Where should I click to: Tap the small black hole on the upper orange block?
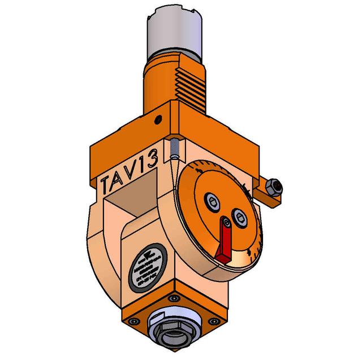coord(161,118)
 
